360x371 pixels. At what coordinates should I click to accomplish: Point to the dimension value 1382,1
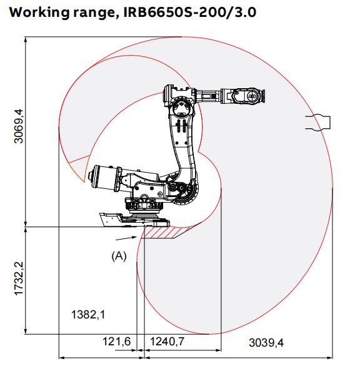(87, 315)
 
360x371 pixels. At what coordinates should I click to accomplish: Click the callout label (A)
(119, 255)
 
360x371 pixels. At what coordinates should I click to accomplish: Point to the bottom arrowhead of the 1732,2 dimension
(26, 332)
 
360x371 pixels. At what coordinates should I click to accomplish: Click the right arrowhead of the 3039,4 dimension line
(331, 358)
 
